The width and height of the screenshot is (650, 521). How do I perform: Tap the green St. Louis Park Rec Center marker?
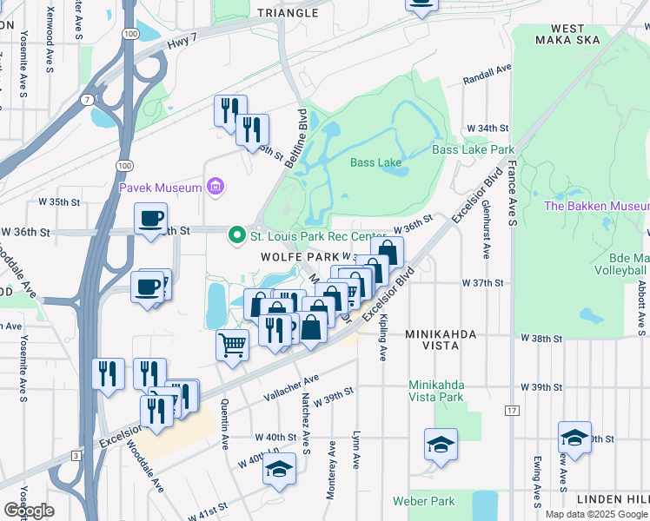click(235, 235)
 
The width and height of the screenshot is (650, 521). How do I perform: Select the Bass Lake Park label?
click(473, 149)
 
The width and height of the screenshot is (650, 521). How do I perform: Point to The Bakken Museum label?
click(596, 206)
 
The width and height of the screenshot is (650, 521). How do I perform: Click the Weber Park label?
click(423, 501)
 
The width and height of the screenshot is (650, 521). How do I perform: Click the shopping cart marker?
click(232, 345)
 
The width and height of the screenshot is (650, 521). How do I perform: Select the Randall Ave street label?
click(487, 78)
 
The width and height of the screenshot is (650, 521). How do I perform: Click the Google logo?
click(29, 511)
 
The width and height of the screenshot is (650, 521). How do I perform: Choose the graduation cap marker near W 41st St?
click(278, 470)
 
